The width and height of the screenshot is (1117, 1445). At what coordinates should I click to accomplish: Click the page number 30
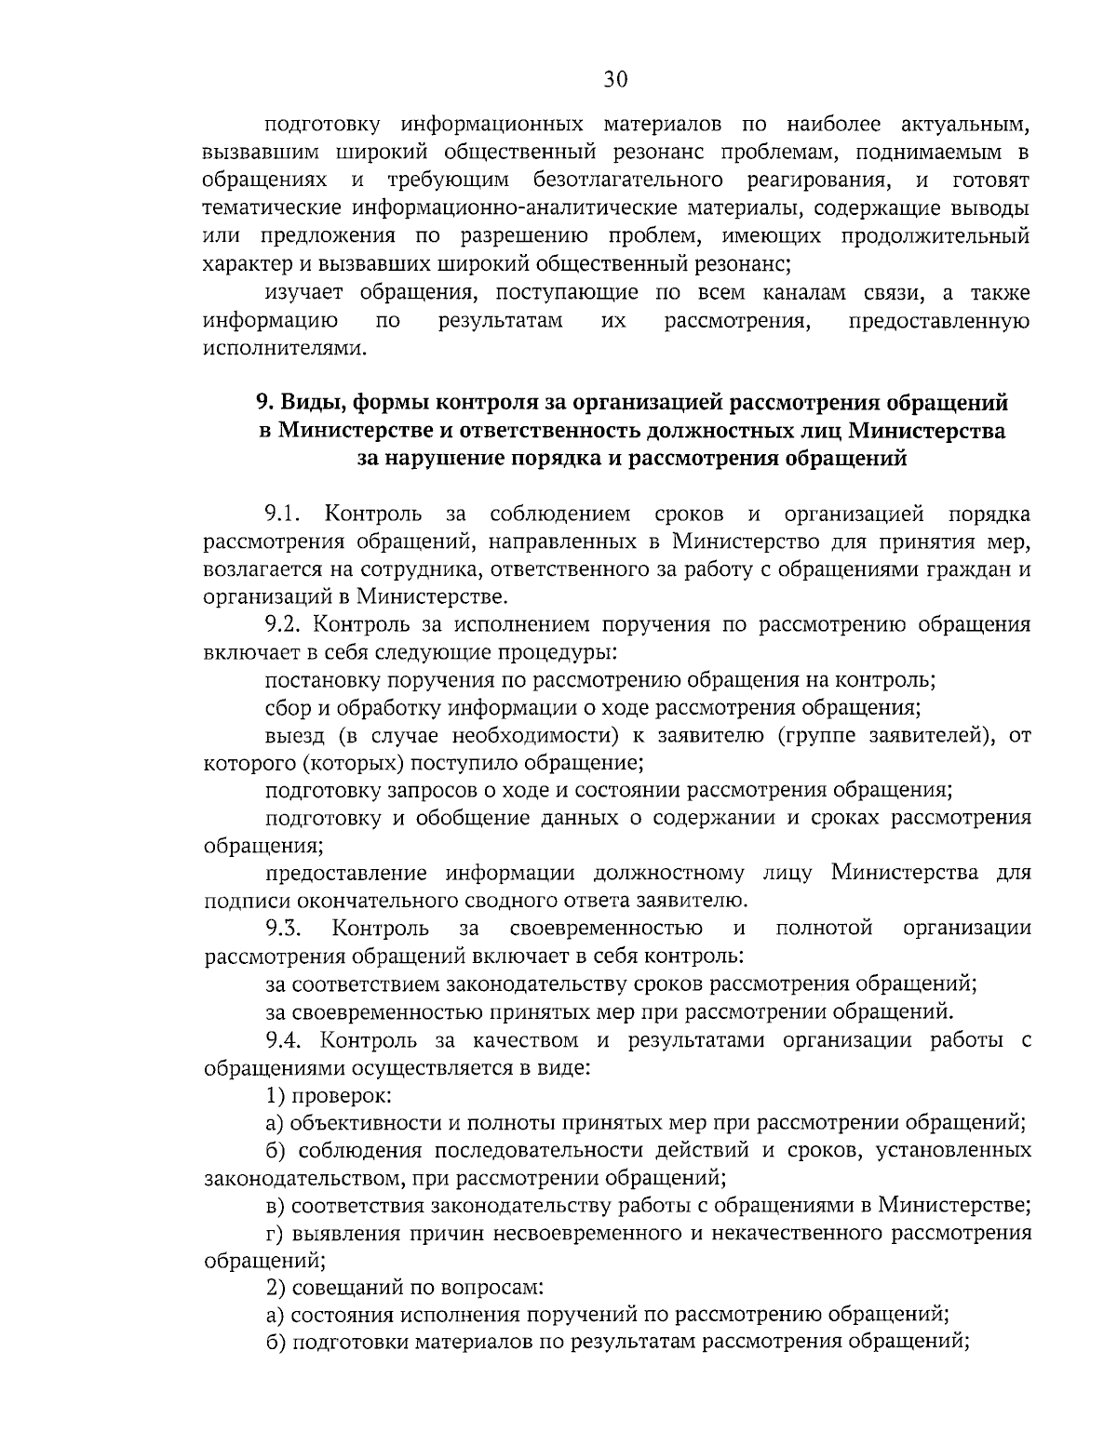point(615,80)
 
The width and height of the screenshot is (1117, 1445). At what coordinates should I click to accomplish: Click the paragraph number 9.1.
point(284,514)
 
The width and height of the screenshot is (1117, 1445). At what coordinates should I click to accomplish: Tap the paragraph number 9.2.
point(284,624)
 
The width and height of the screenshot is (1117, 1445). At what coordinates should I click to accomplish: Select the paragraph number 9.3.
point(284,928)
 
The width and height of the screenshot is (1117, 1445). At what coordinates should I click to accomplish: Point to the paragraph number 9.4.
point(284,1039)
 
